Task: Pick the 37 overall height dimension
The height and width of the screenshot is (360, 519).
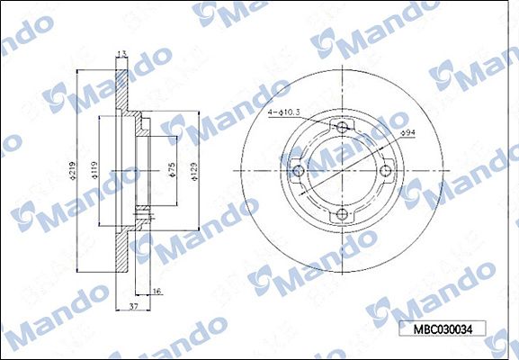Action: pyautogui.click(x=133, y=307)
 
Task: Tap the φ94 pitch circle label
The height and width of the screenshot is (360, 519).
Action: pyautogui.click(x=407, y=134)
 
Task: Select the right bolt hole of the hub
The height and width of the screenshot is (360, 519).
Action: pyautogui.click(x=385, y=171)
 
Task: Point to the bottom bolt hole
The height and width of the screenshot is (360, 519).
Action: pyautogui.click(x=342, y=214)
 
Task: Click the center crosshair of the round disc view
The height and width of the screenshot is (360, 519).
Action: pyautogui.click(x=342, y=171)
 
